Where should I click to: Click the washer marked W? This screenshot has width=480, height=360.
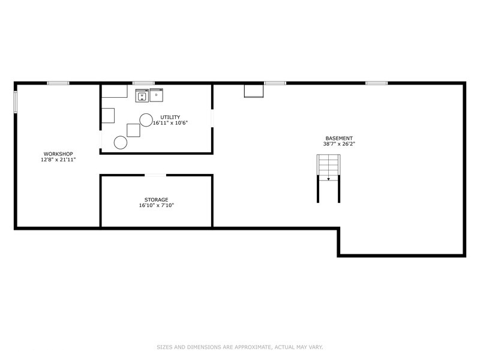tap(142, 95)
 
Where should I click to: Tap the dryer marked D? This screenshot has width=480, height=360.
tap(156, 95)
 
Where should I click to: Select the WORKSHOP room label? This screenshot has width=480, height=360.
tap(58, 154)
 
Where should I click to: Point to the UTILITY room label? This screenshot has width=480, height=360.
tap(170, 117)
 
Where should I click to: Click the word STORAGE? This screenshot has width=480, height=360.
tap(156, 200)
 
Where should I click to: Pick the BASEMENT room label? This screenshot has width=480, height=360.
tap(339, 138)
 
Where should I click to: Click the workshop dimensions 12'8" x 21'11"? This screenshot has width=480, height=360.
tap(58, 160)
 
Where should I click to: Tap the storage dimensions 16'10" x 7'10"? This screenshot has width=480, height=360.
tap(156, 206)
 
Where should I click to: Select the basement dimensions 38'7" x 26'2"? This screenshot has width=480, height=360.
tap(339, 144)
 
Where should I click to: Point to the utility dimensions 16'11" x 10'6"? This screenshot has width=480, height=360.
tap(170, 123)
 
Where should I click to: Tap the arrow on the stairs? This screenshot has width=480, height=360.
tap(328, 178)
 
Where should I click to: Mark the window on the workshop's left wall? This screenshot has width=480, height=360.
tap(16, 101)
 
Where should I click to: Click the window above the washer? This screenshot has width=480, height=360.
tap(143, 83)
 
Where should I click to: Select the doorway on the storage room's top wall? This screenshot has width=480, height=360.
tap(155, 175)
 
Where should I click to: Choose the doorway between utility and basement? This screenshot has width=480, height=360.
tap(212, 118)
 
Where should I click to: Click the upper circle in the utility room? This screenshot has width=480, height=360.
tap(146, 119)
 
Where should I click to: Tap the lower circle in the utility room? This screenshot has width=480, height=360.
tap(121, 142)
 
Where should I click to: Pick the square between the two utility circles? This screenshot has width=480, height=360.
tap(133, 130)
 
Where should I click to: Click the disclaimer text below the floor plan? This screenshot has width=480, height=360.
tap(240, 346)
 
